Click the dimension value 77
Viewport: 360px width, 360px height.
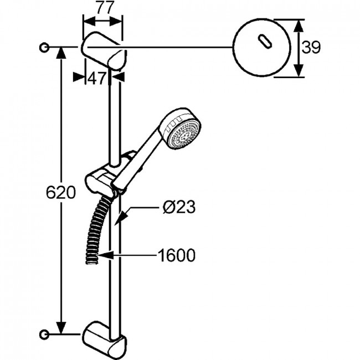coord(105,8)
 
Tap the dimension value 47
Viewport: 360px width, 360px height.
coord(97,78)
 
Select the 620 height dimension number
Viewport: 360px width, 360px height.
coord(61,192)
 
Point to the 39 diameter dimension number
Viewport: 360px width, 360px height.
coord(311,48)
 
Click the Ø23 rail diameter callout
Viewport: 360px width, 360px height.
coord(179,207)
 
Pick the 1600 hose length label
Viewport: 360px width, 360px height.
coord(176,255)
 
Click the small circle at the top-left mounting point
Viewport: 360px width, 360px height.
coord(44,48)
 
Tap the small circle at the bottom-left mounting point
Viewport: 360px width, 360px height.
coord(44,335)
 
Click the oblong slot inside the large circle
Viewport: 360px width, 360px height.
coord(265,42)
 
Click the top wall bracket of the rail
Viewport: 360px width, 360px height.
coord(104,50)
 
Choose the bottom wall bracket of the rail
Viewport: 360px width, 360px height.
coord(104,340)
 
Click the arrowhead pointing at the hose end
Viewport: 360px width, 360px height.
coord(105,255)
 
